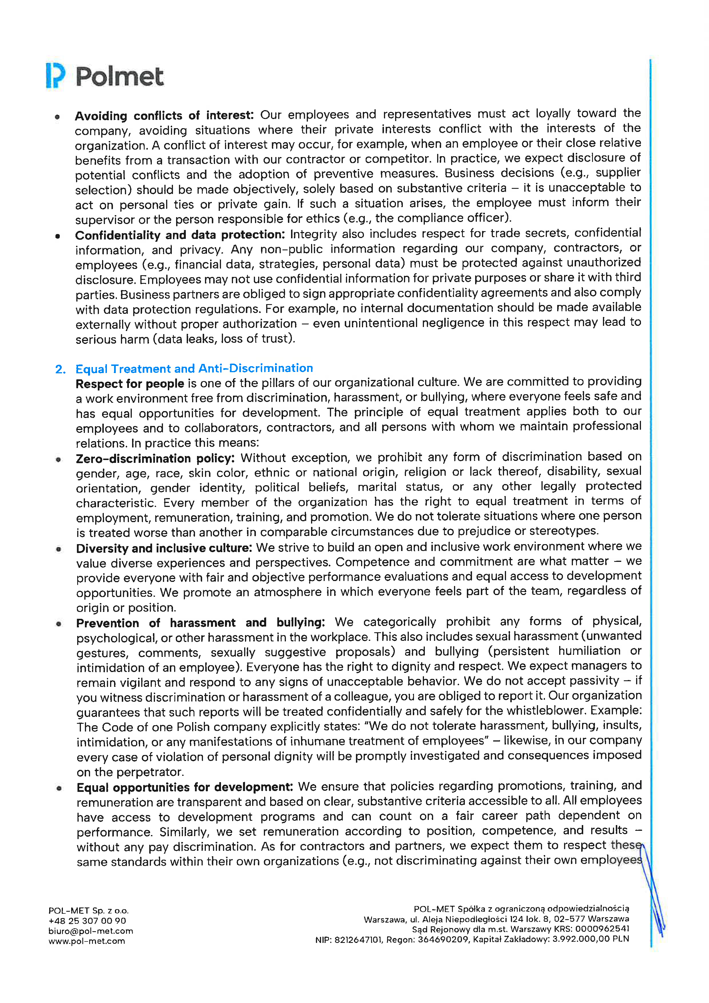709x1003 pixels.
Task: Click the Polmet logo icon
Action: (55, 76)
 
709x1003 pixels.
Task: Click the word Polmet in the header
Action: (120, 77)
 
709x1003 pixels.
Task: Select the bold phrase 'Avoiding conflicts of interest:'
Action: (164, 116)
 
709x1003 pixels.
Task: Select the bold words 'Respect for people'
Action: (130, 384)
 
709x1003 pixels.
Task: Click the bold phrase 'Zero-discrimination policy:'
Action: (155, 458)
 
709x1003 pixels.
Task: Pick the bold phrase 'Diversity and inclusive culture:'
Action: (164, 548)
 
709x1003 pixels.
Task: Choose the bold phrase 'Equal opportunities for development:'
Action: (184, 787)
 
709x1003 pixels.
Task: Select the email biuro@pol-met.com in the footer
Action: (90, 931)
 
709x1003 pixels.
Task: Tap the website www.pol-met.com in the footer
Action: (86, 941)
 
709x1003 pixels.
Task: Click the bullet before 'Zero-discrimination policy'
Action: (58, 459)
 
